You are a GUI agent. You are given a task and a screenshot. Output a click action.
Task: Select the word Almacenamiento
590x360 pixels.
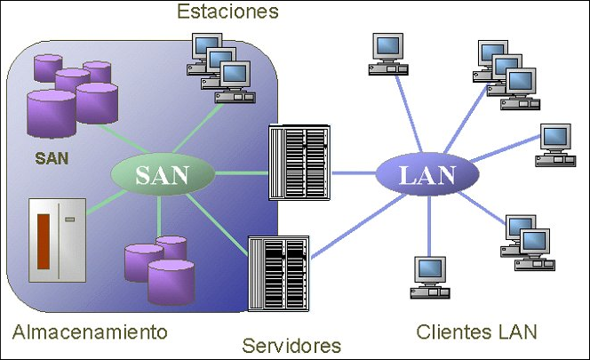point(90,332)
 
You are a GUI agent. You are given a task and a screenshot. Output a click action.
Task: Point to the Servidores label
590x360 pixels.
point(291,344)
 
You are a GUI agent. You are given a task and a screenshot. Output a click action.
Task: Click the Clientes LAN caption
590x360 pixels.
point(476,332)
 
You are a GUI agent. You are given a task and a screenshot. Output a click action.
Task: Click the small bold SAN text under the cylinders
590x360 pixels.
point(52,159)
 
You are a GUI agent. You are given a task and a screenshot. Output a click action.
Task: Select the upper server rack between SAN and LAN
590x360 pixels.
point(299,164)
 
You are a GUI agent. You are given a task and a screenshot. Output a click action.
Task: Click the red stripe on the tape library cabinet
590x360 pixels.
point(44,241)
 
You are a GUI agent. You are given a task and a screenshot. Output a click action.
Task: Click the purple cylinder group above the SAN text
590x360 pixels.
point(73,90)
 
